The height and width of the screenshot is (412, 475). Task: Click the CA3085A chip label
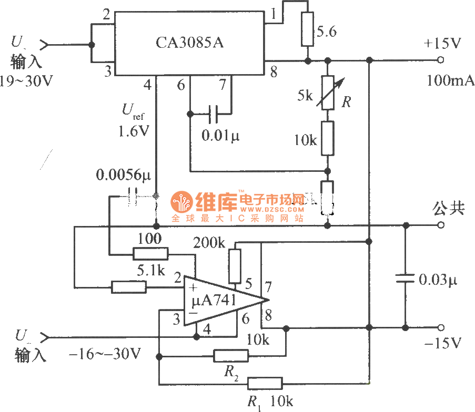(x=189, y=43)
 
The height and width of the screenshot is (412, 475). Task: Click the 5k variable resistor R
(x=327, y=92)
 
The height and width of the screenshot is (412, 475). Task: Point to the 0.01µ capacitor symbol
(x=213, y=112)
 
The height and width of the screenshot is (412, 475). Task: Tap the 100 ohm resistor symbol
(x=150, y=254)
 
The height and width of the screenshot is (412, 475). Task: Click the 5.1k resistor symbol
(x=128, y=286)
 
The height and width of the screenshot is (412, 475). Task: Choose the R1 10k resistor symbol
(x=265, y=383)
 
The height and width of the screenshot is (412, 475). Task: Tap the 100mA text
(x=451, y=80)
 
